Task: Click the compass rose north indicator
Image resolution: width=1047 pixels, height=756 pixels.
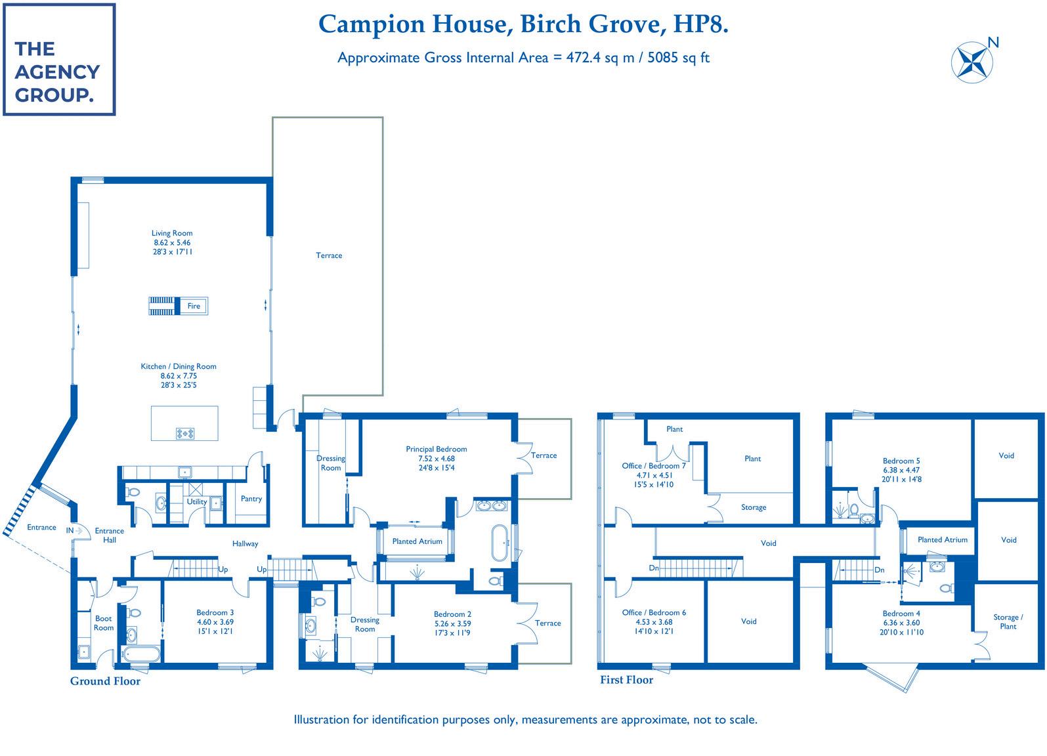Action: click(972, 62)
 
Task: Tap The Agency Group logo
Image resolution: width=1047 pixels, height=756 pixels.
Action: click(59, 59)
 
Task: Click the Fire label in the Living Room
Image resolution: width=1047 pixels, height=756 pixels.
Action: click(194, 306)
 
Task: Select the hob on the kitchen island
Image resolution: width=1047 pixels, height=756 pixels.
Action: click(185, 433)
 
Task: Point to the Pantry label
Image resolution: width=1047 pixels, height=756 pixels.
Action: click(251, 499)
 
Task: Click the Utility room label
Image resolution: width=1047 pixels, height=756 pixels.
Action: click(197, 502)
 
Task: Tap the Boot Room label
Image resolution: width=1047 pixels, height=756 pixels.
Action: click(103, 623)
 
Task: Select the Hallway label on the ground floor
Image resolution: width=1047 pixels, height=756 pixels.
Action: click(245, 543)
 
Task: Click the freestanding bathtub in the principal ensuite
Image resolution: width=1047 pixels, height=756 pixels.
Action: click(500, 543)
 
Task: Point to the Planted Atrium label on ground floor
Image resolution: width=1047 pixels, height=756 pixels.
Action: click(417, 541)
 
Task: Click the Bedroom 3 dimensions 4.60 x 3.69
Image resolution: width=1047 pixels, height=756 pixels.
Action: click(215, 622)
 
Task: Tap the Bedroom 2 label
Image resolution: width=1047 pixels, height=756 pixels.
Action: click(452, 614)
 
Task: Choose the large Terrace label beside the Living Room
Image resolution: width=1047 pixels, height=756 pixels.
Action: click(329, 255)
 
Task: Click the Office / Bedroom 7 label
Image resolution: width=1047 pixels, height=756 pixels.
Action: click(653, 466)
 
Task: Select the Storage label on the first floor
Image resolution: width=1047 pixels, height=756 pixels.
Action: click(754, 507)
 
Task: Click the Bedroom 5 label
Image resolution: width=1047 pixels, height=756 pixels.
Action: click(901, 461)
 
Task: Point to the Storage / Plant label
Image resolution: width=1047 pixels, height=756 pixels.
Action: click(1008, 622)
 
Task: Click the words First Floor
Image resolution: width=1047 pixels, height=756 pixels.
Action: click(626, 680)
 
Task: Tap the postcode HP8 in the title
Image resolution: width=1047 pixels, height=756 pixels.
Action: click(700, 24)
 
